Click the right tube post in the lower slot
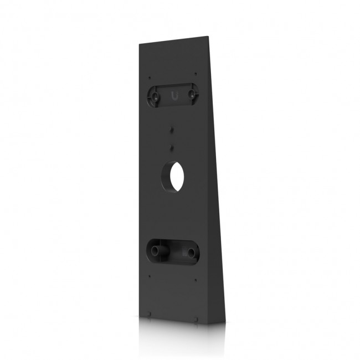192,253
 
